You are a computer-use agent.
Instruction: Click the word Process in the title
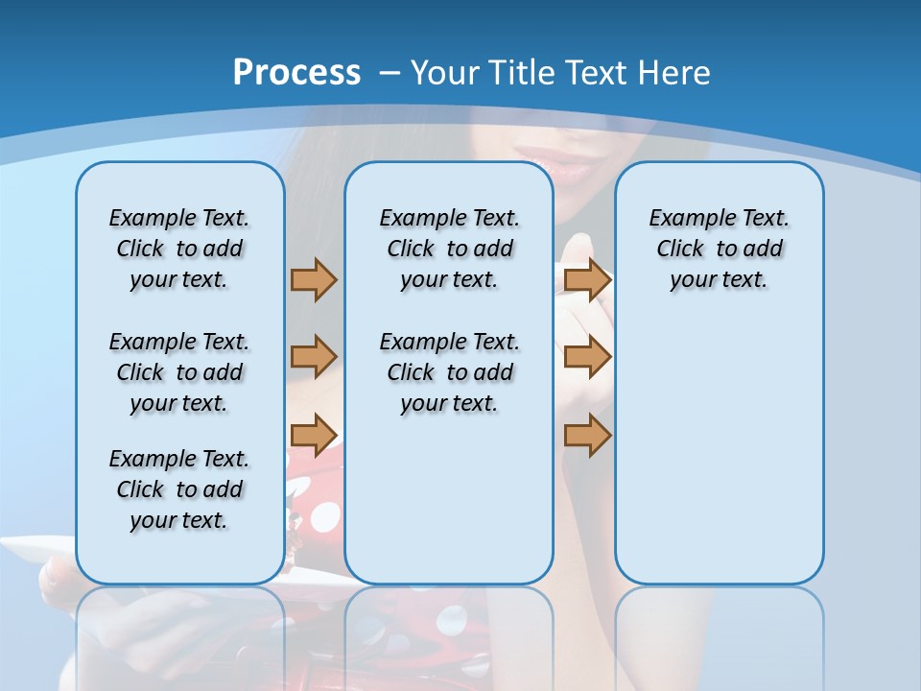[296, 73]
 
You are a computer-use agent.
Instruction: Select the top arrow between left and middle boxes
[314, 279]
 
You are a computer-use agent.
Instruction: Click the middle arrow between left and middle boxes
[314, 357]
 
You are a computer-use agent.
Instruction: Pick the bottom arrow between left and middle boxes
[314, 435]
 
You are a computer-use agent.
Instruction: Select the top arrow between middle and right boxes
[587, 279]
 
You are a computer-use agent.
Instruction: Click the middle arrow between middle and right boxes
[587, 357]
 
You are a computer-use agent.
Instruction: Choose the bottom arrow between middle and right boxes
[587, 435]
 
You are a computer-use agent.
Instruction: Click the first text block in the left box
[179, 249]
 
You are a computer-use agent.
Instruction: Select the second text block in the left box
[179, 372]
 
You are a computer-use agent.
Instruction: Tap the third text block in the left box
[179, 489]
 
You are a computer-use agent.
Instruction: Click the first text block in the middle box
[449, 249]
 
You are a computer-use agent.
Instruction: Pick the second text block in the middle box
[449, 372]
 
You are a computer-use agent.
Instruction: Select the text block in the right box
[719, 249]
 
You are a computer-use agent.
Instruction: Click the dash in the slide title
[390, 73]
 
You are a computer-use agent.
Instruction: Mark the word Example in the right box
[684, 219]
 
